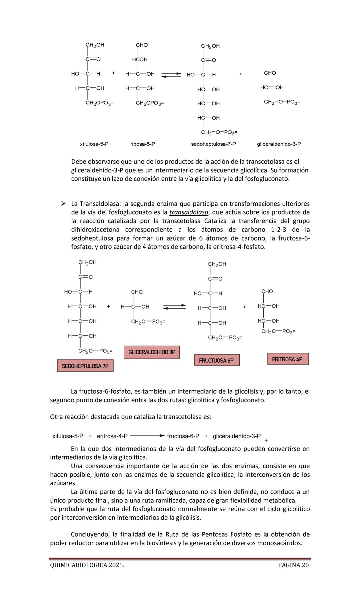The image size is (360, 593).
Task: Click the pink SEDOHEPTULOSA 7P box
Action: click(x=85, y=366)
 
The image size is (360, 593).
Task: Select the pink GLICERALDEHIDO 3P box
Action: click(x=152, y=352)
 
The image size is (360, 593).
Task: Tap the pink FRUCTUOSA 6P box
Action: click(x=217, y=360)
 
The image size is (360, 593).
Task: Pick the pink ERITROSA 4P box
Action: click(x=288, y=359)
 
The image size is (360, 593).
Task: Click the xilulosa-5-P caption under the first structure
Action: click(x=94, y=144)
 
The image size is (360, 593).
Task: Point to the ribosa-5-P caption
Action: click(x=143, y=144)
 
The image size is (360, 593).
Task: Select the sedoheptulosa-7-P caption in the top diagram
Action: click(x=213, y=144)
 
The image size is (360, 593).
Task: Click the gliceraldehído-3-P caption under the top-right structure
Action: click(x=279, y=144)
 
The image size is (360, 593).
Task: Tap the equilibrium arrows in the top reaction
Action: click(x=171, y=75)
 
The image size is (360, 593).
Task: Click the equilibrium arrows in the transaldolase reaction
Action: click(x=174, y=307)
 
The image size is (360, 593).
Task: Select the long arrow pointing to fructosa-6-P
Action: click(x=147, y=436)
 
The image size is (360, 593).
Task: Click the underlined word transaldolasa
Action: click(x=189, y=212)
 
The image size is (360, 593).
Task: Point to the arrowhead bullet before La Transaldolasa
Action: click(x=63, y=203)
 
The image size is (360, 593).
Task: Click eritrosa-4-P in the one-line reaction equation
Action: click(x=112, y=436)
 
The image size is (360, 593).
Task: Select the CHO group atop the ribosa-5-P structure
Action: click(x=142, y=45)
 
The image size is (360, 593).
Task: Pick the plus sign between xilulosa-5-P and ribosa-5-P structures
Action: click(x=113, y=73)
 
